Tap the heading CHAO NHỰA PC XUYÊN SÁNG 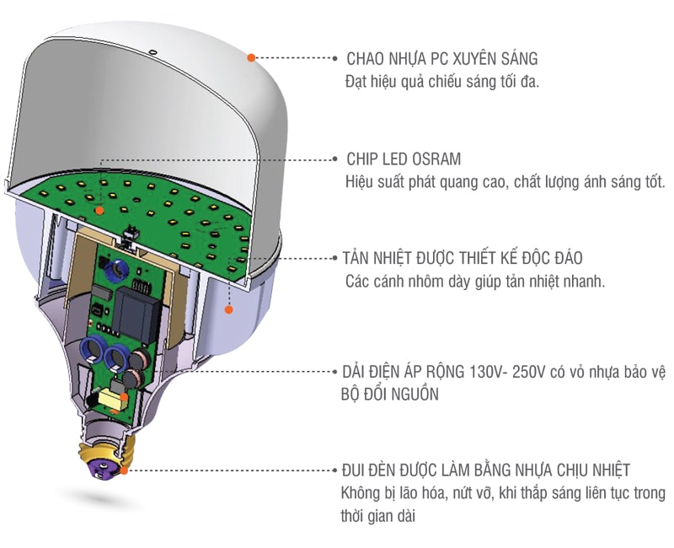pos(441,59)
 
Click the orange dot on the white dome pos(251,57)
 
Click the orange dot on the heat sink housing pos(227,310)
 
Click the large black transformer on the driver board pos(135,311)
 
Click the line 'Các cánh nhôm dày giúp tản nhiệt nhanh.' pos(475,282)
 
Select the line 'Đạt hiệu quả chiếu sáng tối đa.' pos(442,82)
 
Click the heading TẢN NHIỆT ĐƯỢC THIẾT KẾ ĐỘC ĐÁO pos(463,258)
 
